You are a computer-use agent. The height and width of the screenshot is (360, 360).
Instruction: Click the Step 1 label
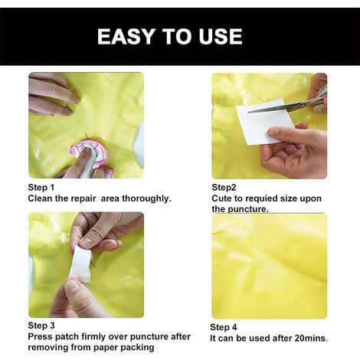[41, 188]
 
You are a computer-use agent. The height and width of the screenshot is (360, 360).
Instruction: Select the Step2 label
[224, 188]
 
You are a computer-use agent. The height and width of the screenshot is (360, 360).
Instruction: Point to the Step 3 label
[41, 326]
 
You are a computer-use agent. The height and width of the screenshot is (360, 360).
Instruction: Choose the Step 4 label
[224, 327]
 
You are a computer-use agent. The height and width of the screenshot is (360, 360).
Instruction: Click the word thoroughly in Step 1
[146, 198]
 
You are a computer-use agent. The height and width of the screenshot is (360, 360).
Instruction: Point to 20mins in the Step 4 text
[311, 339]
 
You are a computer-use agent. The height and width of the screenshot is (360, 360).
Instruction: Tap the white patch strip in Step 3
[81, 263]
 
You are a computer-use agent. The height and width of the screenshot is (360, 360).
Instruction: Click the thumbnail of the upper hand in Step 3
[87, 242]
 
